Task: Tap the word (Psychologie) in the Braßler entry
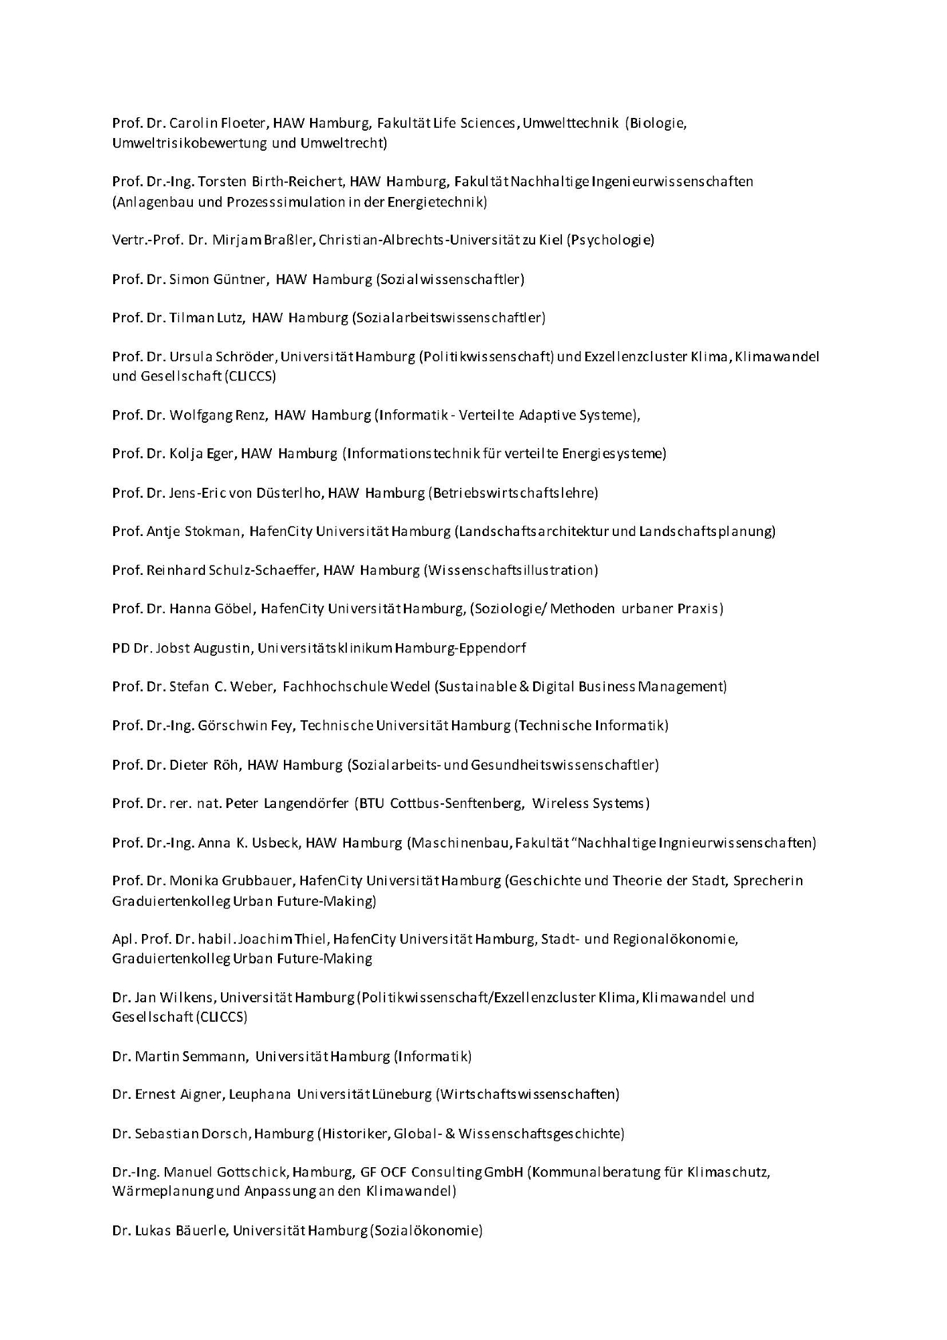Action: click(610, 240)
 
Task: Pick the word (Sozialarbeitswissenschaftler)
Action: click(449, 318)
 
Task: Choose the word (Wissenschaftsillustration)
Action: click(510, 570)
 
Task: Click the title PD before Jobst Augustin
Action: click(121, 648)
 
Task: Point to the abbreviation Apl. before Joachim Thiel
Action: click(124, 939)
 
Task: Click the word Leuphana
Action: click(260, 1095)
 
